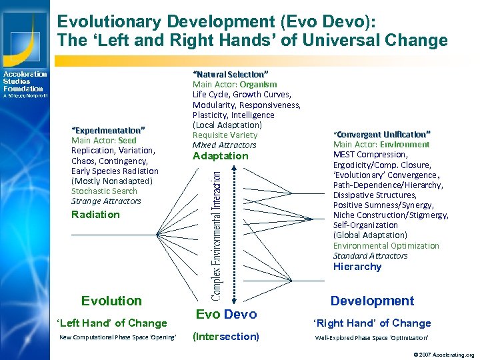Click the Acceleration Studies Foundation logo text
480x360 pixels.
pos(24,81)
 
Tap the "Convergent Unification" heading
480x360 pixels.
pos(382,134)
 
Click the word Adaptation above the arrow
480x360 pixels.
pos(220,156)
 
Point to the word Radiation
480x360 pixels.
pos(95,215)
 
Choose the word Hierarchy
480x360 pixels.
pos(357,267)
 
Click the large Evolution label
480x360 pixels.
pos(111,301)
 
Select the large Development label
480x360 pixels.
pos(372,301)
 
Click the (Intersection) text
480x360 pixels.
pos(225,337)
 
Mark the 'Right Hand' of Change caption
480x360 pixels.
pos(372,323)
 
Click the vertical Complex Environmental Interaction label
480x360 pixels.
pos(217,233)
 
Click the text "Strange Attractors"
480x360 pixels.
pos(106,201)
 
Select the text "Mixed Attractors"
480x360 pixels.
pos(224,145)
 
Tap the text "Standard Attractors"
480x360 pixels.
pos(370,255)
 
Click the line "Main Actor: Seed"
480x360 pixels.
pos(103,141)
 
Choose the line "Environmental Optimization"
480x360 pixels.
pos(386,245)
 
